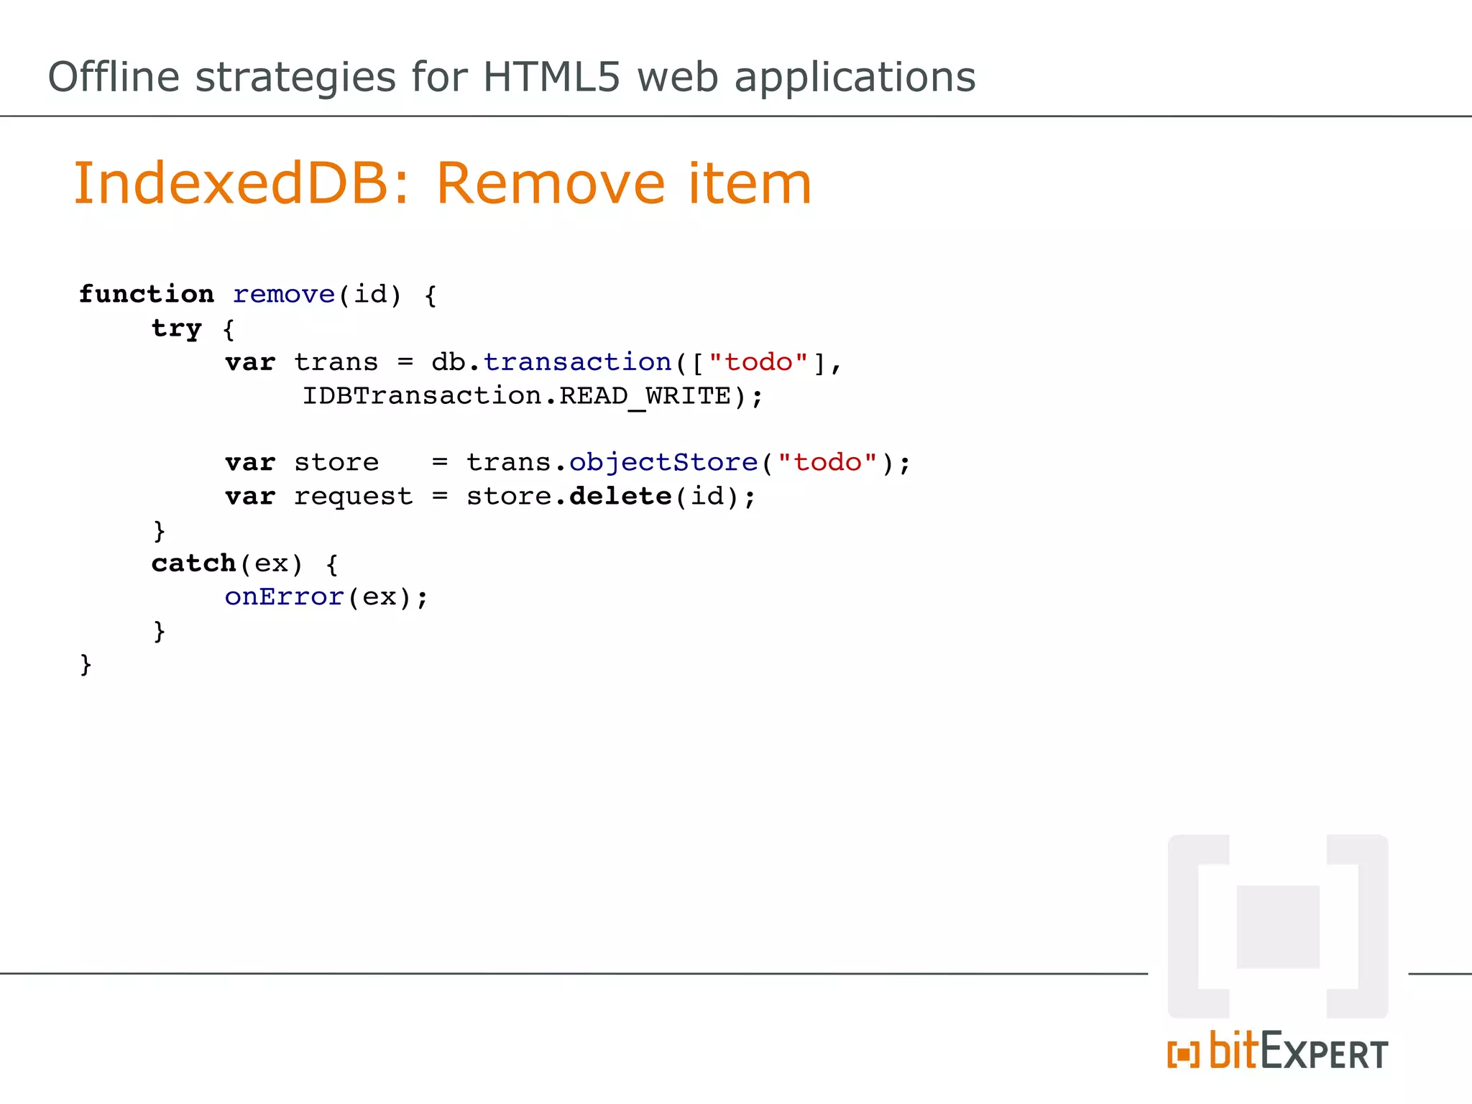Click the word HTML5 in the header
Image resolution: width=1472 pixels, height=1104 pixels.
[x=551, y=77]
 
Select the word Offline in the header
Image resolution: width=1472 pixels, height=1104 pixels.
[x=114, y=77]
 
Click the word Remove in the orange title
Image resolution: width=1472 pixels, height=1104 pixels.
[x=551, y=183]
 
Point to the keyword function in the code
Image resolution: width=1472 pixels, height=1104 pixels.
[x=147, y=294]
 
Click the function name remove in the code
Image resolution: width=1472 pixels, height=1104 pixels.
[x=284, y=294]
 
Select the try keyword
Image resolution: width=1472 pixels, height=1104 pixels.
[x=177, y=328]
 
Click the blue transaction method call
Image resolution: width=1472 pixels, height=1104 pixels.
[x=577, y=362]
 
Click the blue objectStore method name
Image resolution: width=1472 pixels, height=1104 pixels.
[x=663, y=462]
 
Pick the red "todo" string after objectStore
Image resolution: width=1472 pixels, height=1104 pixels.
[x=827, y=462]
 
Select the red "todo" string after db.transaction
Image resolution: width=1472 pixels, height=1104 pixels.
[x=758, y=362]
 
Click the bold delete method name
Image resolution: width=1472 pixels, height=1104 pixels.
[x=620, y=496]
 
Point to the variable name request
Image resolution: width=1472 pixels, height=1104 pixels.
[x=353, y=496]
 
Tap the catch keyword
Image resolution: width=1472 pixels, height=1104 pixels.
[x=193, y=563]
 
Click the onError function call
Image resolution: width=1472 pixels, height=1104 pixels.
[x=284, y=597]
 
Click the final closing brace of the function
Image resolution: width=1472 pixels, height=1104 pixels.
[x=86, y=664]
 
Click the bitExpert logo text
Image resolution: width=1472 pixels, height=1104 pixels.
[x=1297, y=1052]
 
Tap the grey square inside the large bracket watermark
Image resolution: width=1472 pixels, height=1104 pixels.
[x=1278, y=926]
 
